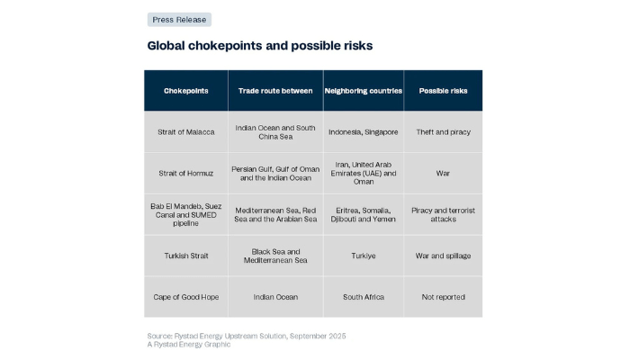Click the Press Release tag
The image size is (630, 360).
point(179,19)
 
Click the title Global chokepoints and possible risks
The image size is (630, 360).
point(260,45)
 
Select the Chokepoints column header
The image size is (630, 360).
point(186,91)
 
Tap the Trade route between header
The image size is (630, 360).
point(275,91)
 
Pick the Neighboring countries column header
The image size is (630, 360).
point(362,91)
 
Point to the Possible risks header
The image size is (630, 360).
point(443,91)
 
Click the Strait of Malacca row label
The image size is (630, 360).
point(186,132)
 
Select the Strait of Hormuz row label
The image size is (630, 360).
point(186,173)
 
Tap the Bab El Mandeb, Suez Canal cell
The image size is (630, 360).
point(186,214)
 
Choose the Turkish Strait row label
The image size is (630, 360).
point(186,256)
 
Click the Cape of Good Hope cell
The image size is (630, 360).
point(186,297)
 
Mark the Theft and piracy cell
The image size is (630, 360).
point(443,132)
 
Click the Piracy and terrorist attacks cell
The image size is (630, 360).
point(443,214)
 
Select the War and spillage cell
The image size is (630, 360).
point(443,256)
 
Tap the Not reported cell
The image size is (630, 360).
point(443,297)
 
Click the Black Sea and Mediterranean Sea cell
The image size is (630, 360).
point(275,256)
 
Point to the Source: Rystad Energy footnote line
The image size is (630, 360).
point(247,336)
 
